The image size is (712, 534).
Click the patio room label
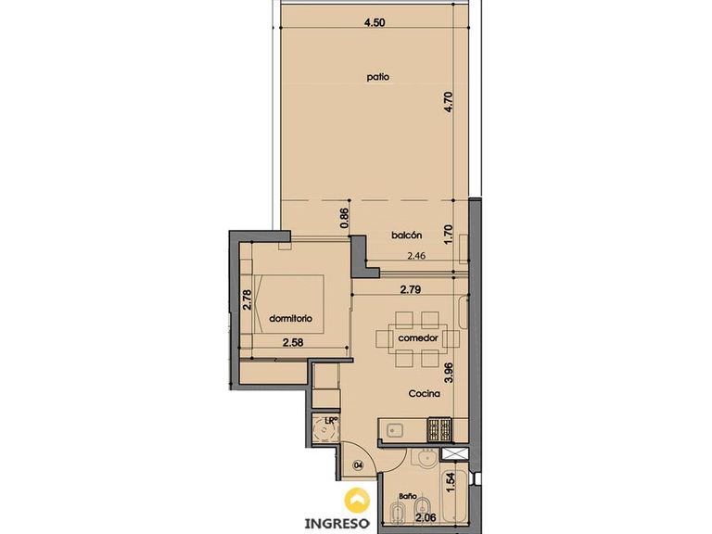click(x=378, y=77)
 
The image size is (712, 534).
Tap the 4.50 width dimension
click(x=375, y=22)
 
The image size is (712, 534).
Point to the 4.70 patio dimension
click(x=449, y=102)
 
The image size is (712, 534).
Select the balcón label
click(x=406, y=235)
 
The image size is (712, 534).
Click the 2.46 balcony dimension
click(x=416, y=256)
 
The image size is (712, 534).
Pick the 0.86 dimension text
click(x=344, y=218)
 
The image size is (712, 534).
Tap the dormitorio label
click(x=290, y=319)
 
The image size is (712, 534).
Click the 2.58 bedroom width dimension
click(x=292, y=342)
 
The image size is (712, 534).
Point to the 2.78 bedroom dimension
click(x=247, y=299)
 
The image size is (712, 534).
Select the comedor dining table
click(x=418, y=338)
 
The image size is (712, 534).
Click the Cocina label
click(x=424, y=394)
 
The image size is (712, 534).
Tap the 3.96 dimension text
click(x=449, y=374)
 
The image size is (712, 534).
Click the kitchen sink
click(x=394, y=430)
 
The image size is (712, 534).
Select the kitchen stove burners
click(x=439, y=430)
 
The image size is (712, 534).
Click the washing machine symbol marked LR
click(x=325, y=429)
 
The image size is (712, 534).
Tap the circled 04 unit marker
click(x=359, y=464)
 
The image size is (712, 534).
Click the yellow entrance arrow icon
click(x=357, y=500)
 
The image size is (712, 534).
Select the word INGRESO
click(x=337, y=523)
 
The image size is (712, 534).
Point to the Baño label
click(x=408, y=496)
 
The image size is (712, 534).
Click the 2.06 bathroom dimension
click(x=426, y=516)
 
